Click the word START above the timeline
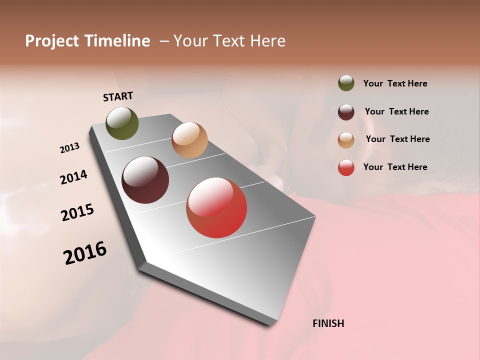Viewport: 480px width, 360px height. point(118,96)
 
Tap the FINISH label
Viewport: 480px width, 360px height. point(328,323)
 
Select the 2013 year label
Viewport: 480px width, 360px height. point(70,148)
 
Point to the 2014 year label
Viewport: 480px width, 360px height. point(73,177)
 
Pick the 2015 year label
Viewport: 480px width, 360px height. point(77,212)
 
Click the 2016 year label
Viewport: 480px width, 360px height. point(85,252)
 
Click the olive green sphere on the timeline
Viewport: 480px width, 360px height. point(122,123)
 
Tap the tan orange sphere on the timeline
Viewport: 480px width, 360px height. point(189,140)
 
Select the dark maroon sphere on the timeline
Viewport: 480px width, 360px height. point(145,180)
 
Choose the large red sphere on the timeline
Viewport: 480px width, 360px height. point(216,207)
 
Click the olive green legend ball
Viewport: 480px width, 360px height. point(346,83)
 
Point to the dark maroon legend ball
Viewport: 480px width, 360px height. point(346,112)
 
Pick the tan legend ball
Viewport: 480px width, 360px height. point(346,140)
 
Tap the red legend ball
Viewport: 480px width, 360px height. point(346,167)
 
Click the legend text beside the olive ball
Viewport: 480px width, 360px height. point(395,83)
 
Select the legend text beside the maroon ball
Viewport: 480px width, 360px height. point(396,111)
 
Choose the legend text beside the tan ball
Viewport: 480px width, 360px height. point(397,139)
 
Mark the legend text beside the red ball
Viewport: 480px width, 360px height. point(395,167)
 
